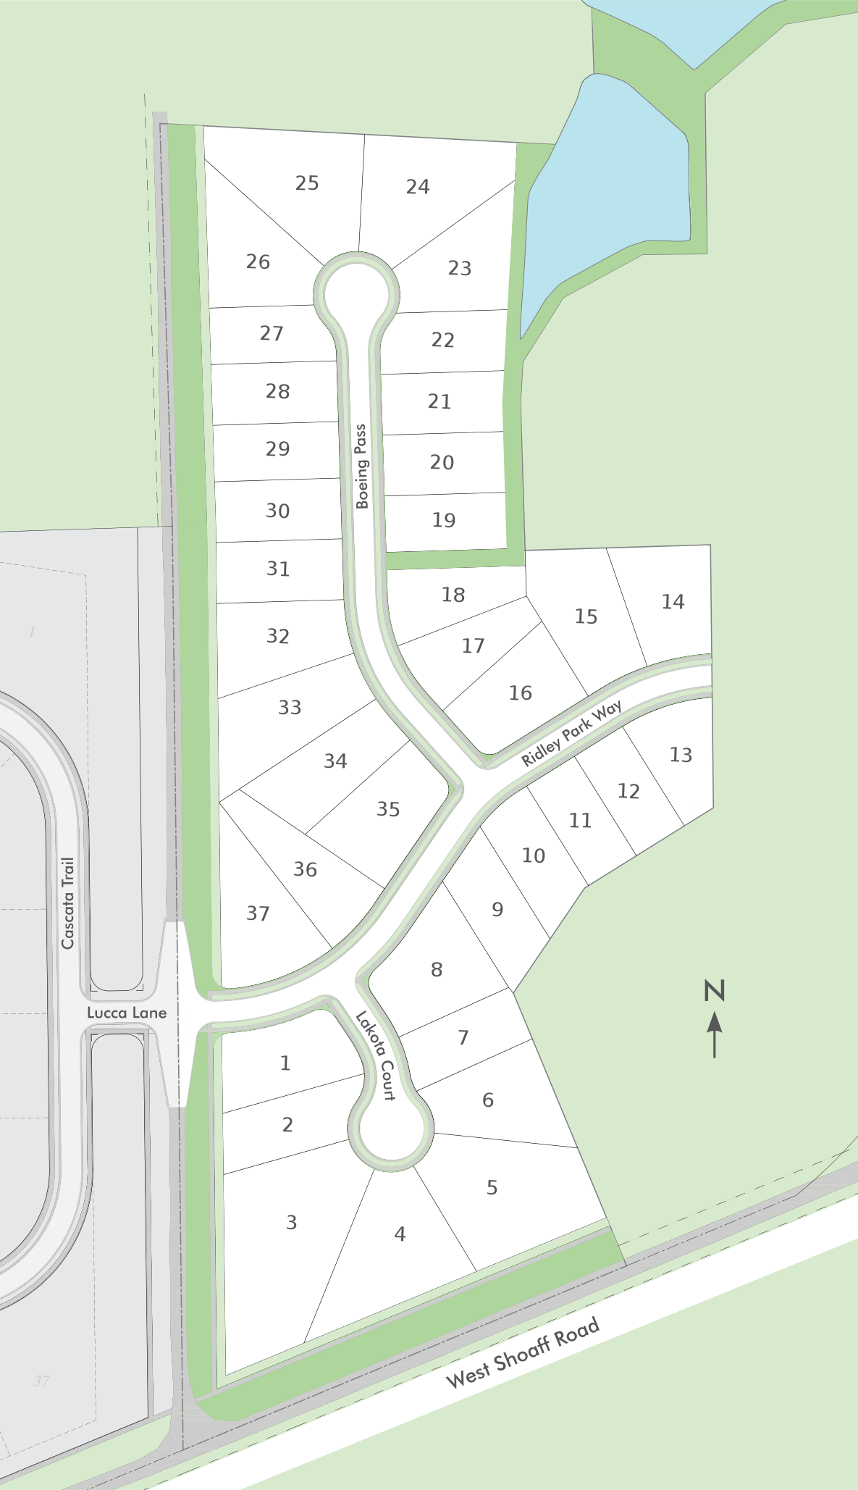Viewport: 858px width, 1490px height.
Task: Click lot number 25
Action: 307,183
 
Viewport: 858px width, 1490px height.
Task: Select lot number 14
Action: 673,602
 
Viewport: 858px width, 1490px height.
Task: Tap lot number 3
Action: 291,1223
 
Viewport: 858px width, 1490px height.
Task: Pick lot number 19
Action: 444,520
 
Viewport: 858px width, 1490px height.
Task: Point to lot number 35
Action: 388,809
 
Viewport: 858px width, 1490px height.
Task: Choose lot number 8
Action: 437,970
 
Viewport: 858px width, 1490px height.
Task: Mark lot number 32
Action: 278,636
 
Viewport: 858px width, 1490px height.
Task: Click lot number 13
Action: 681,755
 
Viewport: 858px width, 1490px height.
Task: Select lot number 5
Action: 492,1188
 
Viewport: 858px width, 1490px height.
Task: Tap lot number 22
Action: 443,340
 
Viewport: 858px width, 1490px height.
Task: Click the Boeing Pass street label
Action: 361,467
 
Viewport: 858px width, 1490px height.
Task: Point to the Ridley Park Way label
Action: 571,734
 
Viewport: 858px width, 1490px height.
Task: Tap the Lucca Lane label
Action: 127,1013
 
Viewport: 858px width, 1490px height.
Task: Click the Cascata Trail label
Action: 68,903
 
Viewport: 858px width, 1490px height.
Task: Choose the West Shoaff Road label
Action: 523,1352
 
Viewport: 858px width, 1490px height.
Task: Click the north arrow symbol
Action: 715,1034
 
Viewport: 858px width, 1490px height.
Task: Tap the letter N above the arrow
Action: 715,990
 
